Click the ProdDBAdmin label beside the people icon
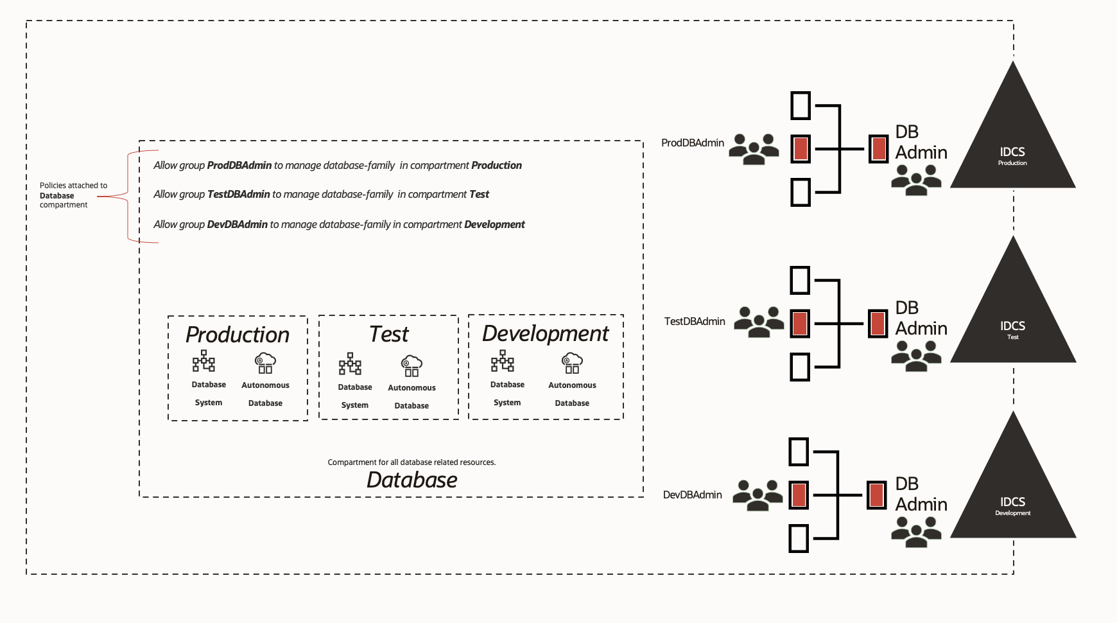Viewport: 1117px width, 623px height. pyautogui.click(x=692, y=143)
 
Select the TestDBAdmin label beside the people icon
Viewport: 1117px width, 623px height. pyautogui.click(x=694, y=321)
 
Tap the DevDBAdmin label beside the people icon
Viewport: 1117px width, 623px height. pyautogui.click(x=692, y=495)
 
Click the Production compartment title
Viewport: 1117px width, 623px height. pyautogui.click(x=237, y=335)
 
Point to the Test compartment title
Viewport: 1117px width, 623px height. pyautogui.click(x=388, y=334)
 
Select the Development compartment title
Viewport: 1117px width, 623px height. pyautogui.click(x=545, y=333)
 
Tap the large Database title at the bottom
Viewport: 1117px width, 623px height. pyautogui.click(x=411, y=480)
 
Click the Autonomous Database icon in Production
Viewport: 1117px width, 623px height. pyautogui.click(x=265, y=363)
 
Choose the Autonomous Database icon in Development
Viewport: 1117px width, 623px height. pyautogui.click(x=571, y=363)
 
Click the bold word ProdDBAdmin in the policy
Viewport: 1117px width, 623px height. pyautogui.click(x=239, y=165)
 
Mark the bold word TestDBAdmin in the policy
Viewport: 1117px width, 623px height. pyautogui.click(x=238, y=194)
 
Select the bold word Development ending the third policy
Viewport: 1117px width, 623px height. pyautogui.click(x=494, y=224)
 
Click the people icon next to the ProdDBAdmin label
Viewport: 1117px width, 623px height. pyautogui.click(x=754, y=149)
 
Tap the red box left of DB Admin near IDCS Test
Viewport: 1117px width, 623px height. pyautogui.click(x=878, y=323)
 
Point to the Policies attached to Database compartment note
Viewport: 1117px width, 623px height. pyautogui.click(x=73, y=195)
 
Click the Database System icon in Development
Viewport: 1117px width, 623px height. pyautogui.click(x=502, y=362)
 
